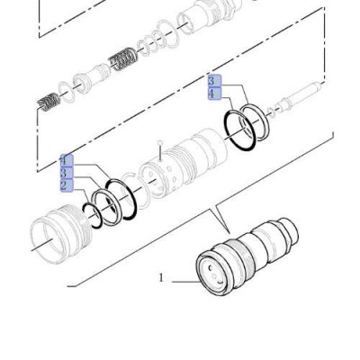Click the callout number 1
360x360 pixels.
click(162, 278)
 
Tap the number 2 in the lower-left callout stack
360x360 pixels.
click(65, 185)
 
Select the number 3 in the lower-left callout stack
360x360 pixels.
click(65, 173)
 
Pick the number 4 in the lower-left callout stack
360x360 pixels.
click(65, 161)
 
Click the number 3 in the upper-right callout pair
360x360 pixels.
click(212, 81)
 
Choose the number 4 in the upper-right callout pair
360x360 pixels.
click(212, 93)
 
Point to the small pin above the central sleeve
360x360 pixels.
click(158, 143)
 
